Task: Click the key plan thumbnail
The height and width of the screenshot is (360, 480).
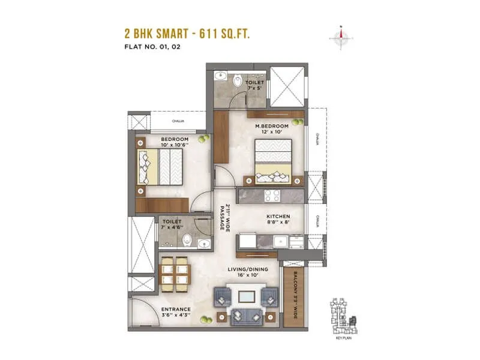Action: tap(341, 316)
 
